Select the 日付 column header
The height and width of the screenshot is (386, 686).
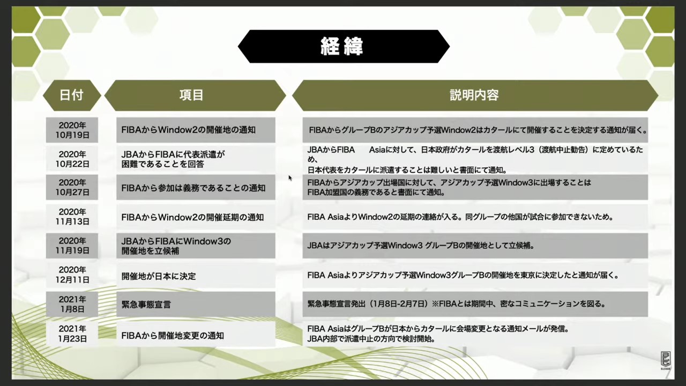pyautogui.click(x=72, y=95)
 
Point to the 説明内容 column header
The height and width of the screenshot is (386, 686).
pyautogui.click(x=475, y=95)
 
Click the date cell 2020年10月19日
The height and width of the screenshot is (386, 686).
pyautogui.click(x=72, y=130)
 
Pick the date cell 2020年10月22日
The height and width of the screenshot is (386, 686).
pyautogui.click(x=72, y=159)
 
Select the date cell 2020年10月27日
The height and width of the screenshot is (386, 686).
pyautogui.click(x=72, y=187)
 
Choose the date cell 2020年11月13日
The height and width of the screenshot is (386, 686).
pyautogui.click(x=72, y=216)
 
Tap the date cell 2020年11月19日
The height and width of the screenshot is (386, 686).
pyautogui.click(x=72, y=246)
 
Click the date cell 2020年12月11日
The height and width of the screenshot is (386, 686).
pyautogui.click(x=72, y=274)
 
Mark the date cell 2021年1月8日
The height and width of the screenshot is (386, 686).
pyautogui.click(x=72, y=304)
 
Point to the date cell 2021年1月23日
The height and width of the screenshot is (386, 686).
pyautogui.click(x=72, y=333)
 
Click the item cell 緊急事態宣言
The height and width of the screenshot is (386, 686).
pyautogui.click(x=196, y=304)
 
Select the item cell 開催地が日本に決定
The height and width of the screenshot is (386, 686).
pyautogui.click(x=196, y=275)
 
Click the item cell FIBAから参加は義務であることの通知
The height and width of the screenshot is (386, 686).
pyautogui.click(x=196, y=187)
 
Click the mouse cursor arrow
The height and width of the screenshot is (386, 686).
pyautogui.click(x=290, y=178)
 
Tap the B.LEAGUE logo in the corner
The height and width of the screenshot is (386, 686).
pyautogui.click(x=666, y=361)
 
